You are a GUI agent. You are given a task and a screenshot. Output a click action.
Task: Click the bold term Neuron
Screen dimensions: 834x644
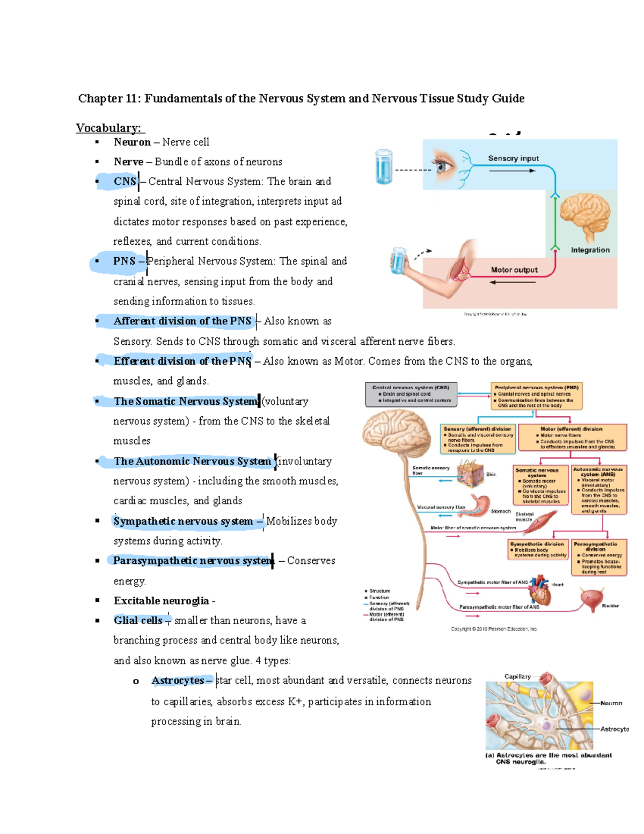(x=132, y=142)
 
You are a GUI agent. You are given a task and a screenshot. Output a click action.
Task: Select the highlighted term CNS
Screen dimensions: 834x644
(x=125, y=182)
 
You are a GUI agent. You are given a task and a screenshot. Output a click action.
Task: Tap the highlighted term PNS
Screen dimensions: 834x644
(x=124, y=261)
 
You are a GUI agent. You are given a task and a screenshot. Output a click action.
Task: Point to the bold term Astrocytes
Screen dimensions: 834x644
(x=178, y=680)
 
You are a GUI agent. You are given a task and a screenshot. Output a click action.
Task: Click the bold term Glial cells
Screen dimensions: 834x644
(x=138, y=620)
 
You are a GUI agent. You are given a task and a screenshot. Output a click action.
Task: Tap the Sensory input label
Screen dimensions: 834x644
(x=513, y=158)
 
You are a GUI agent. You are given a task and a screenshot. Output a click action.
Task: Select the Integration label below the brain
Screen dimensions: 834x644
(x=590, y=250)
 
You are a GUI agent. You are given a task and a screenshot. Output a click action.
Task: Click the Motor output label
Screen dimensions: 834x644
(x=514, y=270)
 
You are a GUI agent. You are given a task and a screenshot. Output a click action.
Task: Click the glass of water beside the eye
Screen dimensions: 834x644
(x=384, y=167)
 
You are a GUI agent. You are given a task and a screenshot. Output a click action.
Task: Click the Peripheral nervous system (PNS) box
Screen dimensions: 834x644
(x=536, y=396)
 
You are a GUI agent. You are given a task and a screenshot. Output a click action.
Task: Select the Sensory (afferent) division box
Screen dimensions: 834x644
(x=477, y=439)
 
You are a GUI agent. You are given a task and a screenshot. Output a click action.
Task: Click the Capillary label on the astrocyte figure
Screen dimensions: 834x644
(x=517, y=677)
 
